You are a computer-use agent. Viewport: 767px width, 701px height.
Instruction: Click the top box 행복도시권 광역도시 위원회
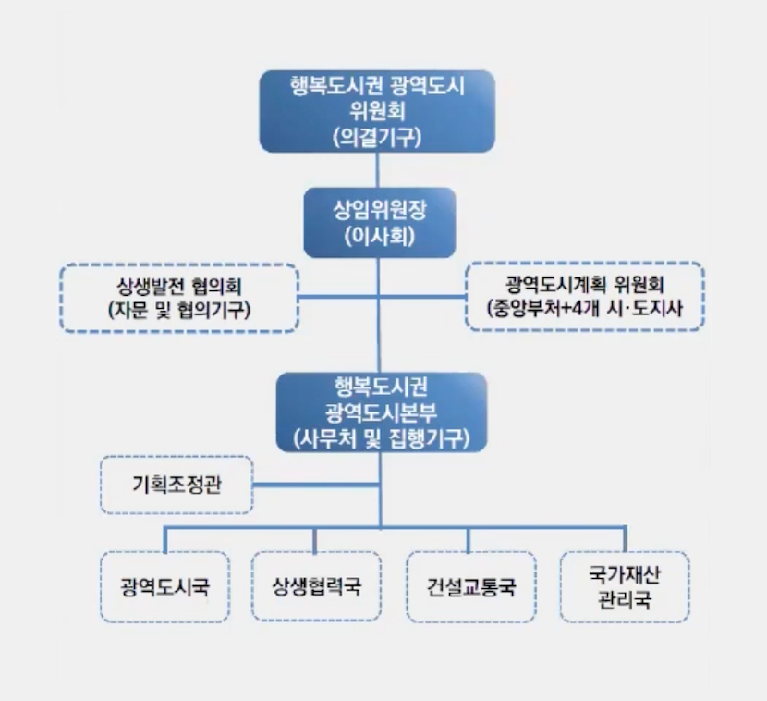click(x=377, y=112)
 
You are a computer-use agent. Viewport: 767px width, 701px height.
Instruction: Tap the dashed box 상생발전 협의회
click(x=179, y=298)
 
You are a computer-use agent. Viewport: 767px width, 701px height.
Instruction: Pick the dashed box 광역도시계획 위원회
click(x=584, y=296)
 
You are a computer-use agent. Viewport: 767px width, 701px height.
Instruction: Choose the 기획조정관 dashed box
click(x=176, y=485)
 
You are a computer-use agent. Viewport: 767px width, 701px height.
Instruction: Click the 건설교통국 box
click(x=470, y=586)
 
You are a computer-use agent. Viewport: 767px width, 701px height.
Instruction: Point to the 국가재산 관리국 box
click(x=624, y=586)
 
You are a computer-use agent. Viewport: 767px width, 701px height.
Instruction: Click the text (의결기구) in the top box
click(x=376, y=138)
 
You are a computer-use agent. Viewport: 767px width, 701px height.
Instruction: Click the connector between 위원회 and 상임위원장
click(x=377, y=171)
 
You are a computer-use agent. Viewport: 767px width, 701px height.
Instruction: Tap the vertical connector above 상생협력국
click(x=316, y=540)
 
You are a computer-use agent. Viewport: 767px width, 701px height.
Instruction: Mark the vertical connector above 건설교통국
click(x=470, y=540)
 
